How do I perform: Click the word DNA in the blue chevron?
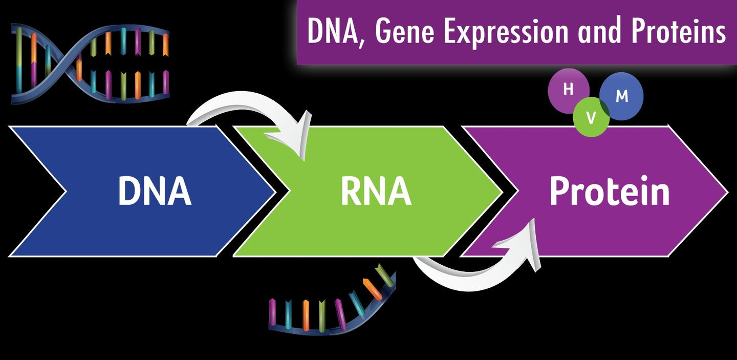(x=155, y=191)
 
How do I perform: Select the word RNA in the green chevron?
(x=376, y=191)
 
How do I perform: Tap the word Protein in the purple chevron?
(x=609, y=192)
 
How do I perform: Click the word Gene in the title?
(x=405, y=32)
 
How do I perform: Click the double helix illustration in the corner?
(x=90, y=64)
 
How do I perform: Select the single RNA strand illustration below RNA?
(x=333, y=305)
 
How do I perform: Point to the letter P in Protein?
(x=559, y=191)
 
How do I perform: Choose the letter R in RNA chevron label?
(x=352, y=191)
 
